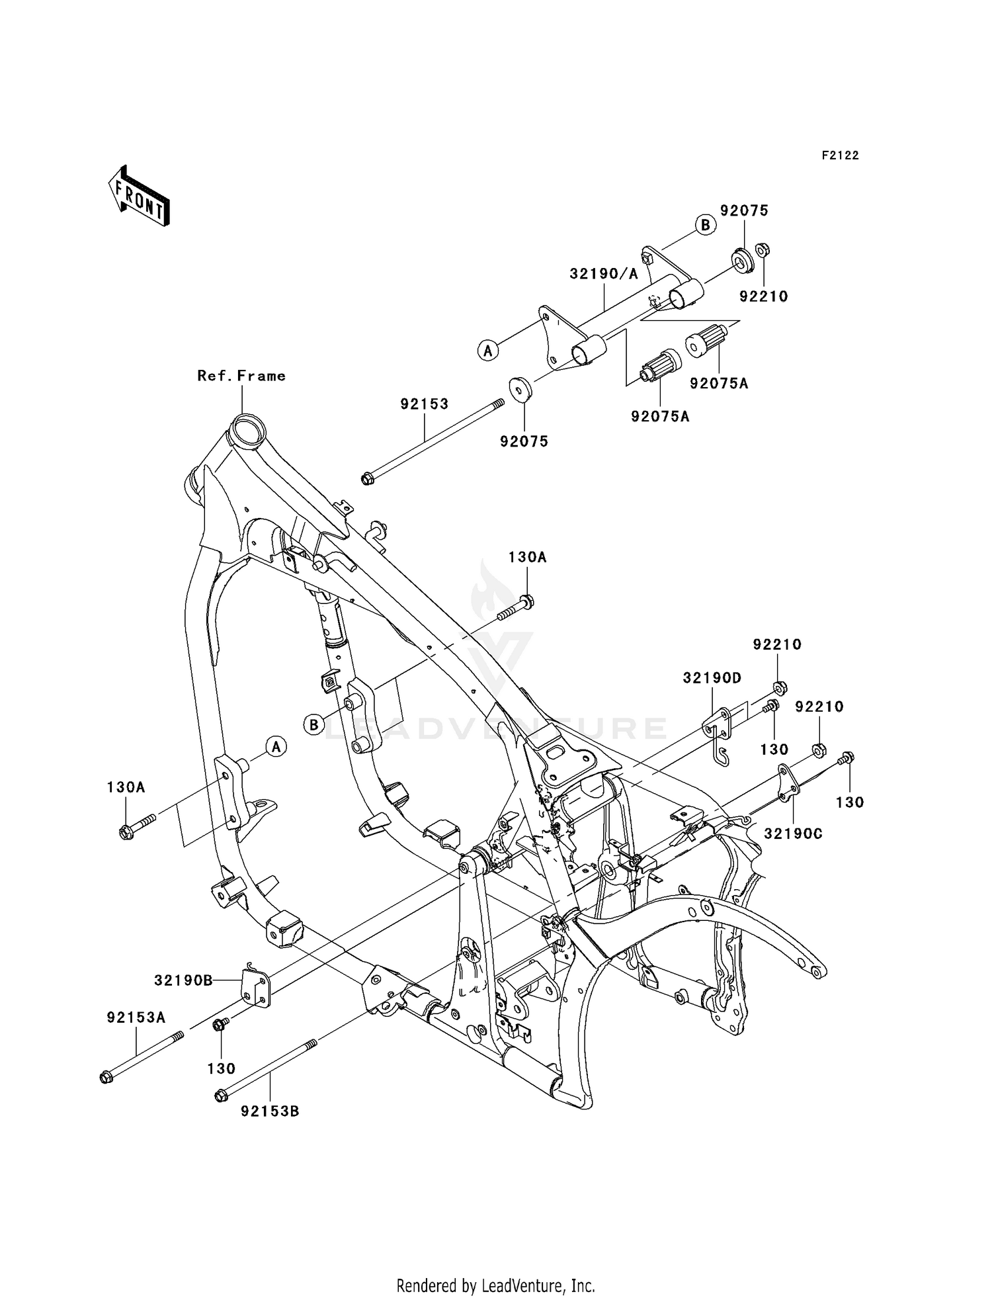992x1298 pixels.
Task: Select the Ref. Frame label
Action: (x=241, y=376)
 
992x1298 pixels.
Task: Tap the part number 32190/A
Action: (x=604, y=274)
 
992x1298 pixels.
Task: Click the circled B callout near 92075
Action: (x=706, y=225)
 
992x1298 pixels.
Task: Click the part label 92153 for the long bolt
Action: (x=424, y=404)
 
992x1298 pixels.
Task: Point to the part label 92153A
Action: (x=136, y=1017)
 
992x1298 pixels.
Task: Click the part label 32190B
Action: (x=183, y=980)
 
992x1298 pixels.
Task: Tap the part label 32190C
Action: (x=793, y=834)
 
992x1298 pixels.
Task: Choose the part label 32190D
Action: (x=712, y=678)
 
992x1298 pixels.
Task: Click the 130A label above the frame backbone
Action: (x=527, y=558)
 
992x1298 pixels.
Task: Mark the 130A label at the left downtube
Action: (x=126, y=787)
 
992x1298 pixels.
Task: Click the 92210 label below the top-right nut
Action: (x=764, y=296)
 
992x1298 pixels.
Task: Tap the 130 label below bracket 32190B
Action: (x=221, y=1068)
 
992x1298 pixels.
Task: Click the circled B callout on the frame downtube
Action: (x=314, y=724)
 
